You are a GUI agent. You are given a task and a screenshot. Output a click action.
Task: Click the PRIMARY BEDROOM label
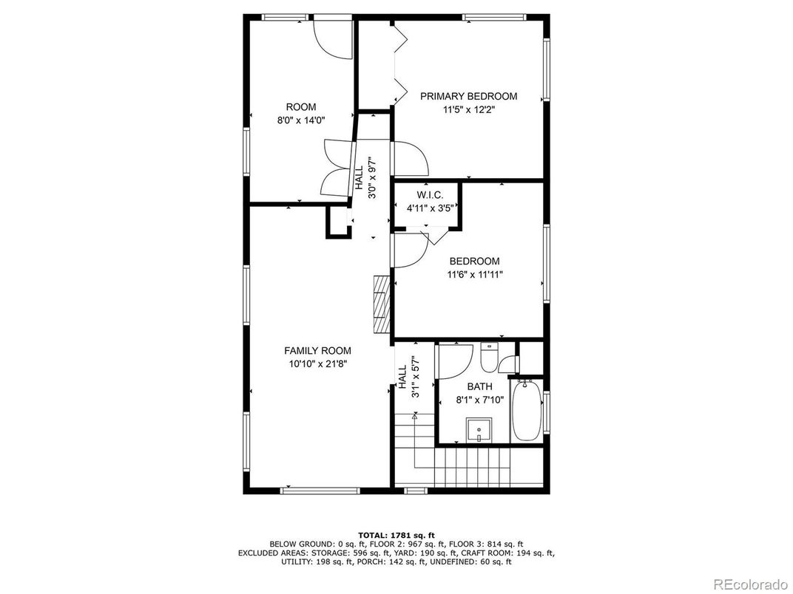tap(468, 96)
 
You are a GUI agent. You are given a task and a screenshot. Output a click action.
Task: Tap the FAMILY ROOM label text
tap(317, 350)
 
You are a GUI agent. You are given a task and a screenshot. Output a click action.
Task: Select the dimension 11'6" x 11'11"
tap(474, 275)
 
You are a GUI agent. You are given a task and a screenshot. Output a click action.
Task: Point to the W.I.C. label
tap(429, 195)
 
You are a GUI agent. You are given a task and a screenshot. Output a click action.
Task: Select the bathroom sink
tap(479, 429)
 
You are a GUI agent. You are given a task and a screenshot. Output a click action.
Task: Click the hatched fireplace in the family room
tap(381, 306)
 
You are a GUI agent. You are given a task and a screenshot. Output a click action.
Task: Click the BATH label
tap(479, 386)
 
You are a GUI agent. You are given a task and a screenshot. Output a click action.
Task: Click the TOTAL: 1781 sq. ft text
tap(396, 535)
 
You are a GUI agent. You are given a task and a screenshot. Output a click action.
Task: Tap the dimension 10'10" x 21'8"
tap(317, 363)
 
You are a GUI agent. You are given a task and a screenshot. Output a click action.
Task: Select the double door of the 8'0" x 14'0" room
tap(337, 168)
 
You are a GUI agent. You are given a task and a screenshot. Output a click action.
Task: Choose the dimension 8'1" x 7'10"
tap(479, 400)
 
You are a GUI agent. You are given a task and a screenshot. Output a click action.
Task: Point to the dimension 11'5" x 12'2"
tap(468, 110)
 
